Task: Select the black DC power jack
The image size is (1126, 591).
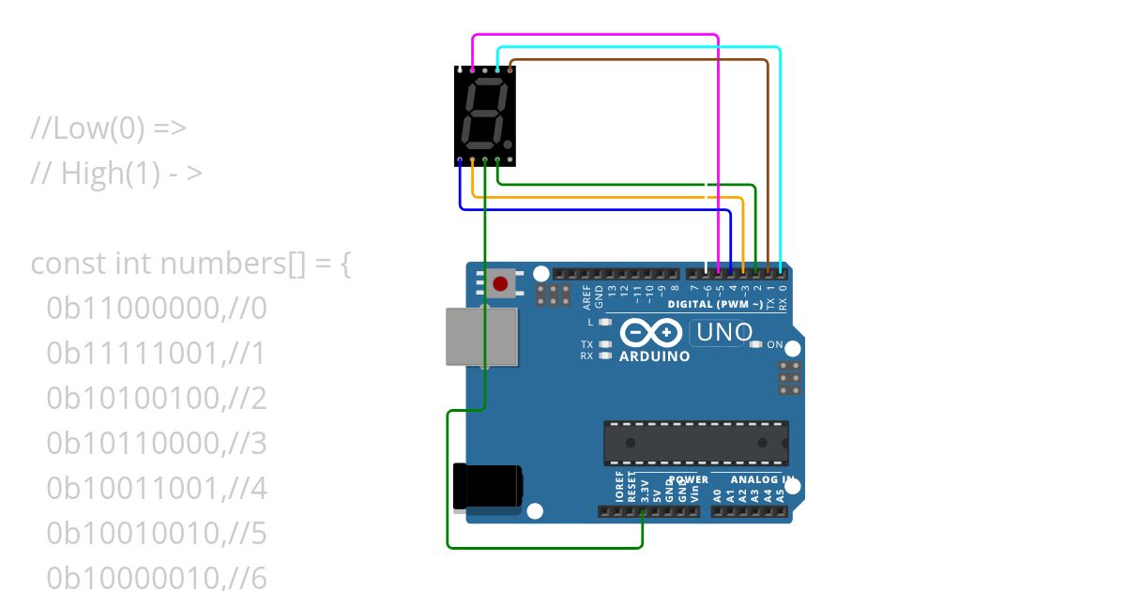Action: [486, 486]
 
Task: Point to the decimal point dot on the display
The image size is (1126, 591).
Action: [509, 145]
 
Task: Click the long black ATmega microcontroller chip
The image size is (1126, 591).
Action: [695, 443]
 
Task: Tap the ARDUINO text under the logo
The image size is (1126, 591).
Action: [655, 356]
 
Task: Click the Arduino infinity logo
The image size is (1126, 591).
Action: [650, 333]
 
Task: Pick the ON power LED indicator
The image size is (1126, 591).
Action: [756, 344]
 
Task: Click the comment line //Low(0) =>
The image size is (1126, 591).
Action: [109, 128]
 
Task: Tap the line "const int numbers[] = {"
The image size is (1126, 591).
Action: [191, 264]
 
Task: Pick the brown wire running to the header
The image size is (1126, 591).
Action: [638, 60]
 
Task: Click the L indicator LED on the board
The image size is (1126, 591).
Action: [605, 322]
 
